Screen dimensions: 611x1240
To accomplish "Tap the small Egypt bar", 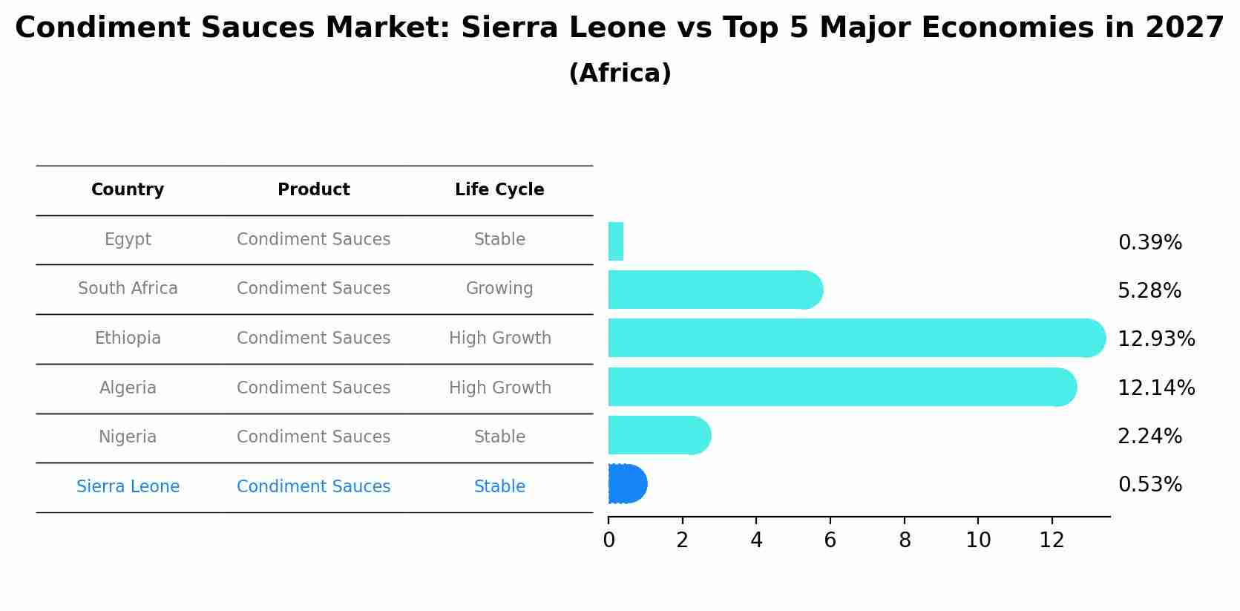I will (x=616, y=241).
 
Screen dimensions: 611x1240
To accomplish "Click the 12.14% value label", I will (x=1155, y=388).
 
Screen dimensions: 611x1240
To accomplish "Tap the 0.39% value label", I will (x=1149, y=243).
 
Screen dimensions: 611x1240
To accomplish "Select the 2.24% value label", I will (x=1149, y=436).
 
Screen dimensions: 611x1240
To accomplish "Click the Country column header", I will (x=128, y=190).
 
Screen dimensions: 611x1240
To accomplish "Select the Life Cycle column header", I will (x=499, y=190).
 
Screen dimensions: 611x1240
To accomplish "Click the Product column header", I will (x=313, y=190).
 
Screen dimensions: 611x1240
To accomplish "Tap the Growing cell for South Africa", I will (x=499, y=288).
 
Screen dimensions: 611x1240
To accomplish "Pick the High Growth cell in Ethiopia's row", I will (x=499, y=338).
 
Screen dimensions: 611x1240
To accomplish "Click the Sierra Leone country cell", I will (x=128, y=486).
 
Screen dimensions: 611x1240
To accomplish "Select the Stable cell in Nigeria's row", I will (x=499, y=437).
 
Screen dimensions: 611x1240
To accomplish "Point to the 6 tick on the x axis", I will (x=830, y=540).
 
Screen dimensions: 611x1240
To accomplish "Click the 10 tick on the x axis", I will (x=978, y=540).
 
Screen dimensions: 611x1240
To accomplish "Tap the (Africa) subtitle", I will (x=620, y=73).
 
